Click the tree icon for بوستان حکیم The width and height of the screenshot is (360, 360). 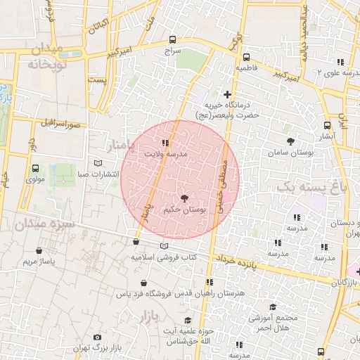[184, 199]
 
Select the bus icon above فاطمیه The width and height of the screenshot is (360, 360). [245, 58]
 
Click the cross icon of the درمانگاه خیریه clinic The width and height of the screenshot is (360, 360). [226, 94]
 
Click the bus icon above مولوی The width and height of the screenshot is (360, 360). [35, 169]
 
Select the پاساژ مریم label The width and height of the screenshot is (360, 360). [39, 262]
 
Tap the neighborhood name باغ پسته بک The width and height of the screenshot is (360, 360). [311, 187]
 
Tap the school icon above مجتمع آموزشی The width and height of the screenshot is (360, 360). [273, 307]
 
